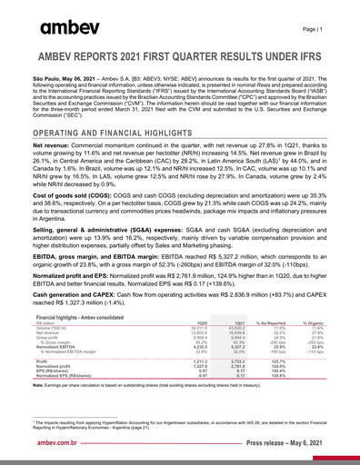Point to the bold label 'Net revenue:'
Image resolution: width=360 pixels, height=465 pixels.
pos(55,145)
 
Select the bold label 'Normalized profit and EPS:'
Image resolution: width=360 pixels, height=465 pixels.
pos(83,273)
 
